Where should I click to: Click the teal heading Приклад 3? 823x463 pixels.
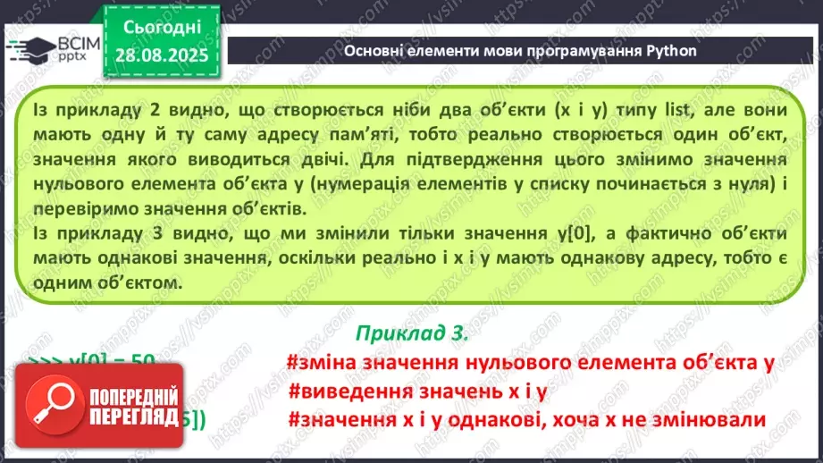tap(411, 333)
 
